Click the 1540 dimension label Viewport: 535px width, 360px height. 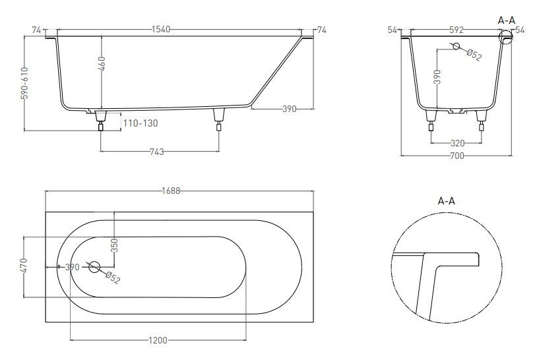click(161, 29)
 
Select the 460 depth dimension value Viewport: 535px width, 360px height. click(102, 64)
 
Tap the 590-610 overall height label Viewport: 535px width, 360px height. click(24, 83)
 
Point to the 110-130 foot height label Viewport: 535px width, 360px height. click(141, 123)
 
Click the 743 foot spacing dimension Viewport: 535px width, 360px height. click(157, 152)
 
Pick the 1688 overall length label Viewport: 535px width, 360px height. click(171, 191)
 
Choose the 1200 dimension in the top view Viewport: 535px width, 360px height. click(158, 340)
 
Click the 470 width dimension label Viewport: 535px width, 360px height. click(24, 265)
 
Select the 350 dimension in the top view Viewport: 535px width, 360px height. click(115, 245)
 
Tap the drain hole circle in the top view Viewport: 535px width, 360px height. click(94, 267)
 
